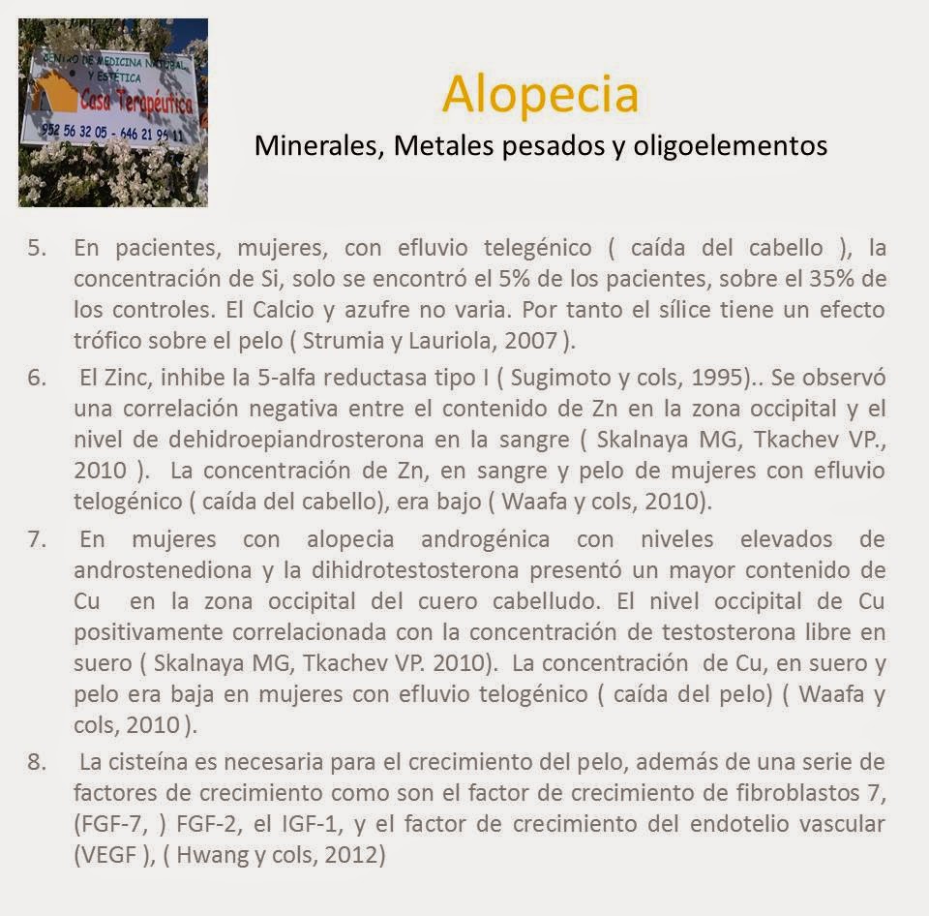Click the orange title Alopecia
pyautogui.click(x=541, y=95)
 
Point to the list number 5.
pyautogui.click(x=37, y=247)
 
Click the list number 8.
pyautogui.click(x=37, y=762)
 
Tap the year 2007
pyautogui.click(x=529, y=342)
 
